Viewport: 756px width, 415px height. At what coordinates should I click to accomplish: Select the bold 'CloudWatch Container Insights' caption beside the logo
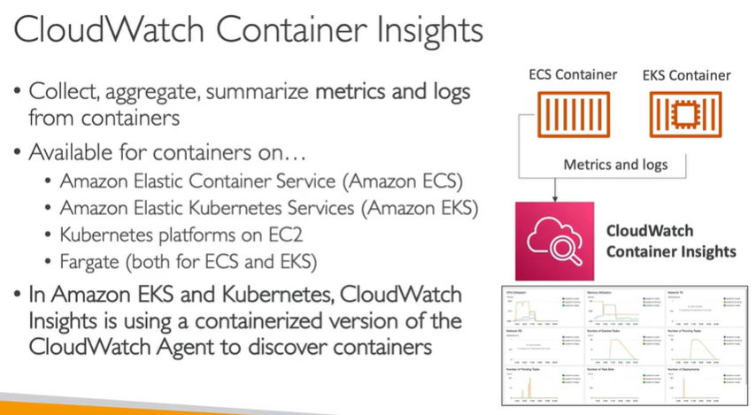point(670,241)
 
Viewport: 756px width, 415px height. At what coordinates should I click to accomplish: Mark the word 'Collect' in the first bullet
point(60,91)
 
